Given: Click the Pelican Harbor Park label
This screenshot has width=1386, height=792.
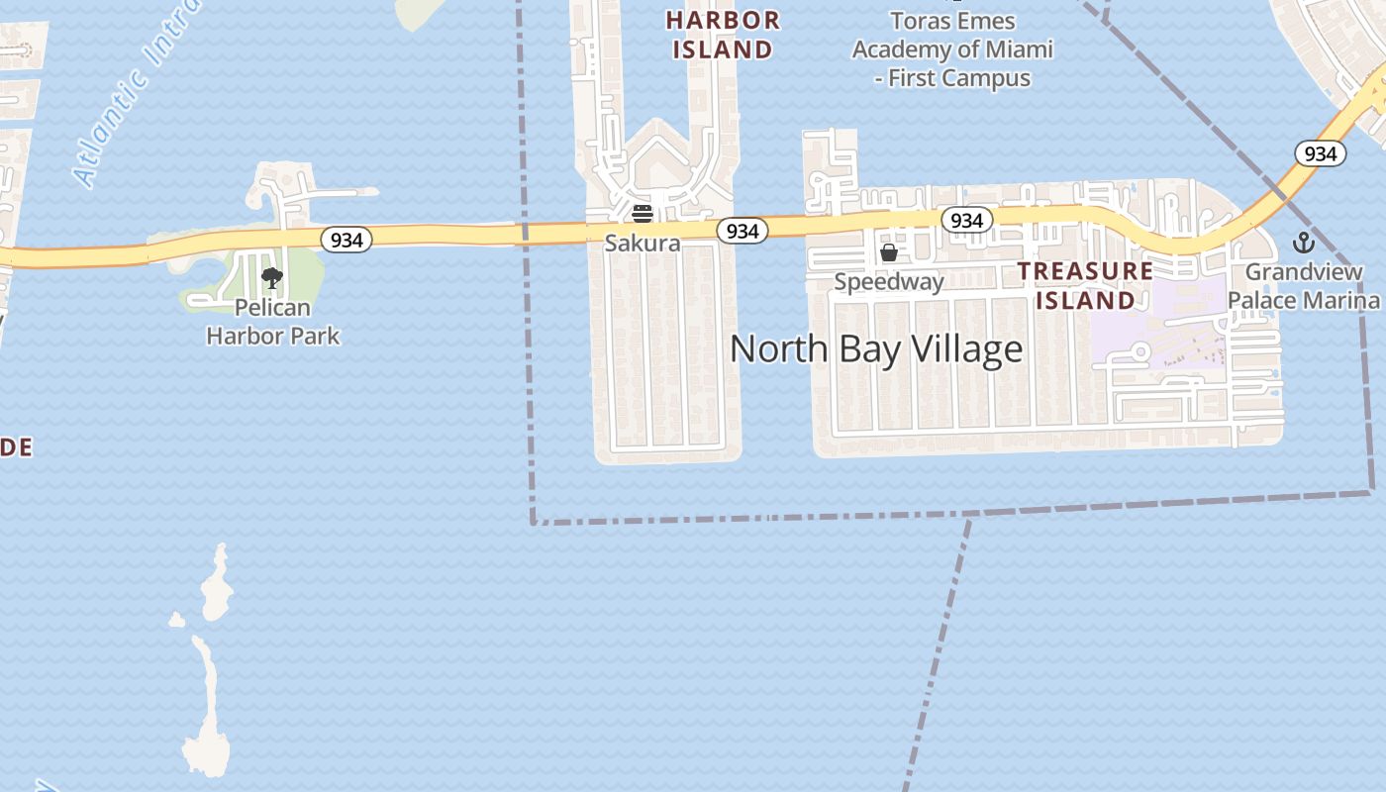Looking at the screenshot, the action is point(272,322).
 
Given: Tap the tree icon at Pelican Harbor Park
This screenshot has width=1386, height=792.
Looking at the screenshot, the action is point(272,277).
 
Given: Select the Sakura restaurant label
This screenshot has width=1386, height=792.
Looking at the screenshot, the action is point(643,244).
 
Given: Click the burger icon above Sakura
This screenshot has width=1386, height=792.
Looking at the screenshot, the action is point(643,213).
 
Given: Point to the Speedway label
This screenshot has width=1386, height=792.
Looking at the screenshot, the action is point(889,282).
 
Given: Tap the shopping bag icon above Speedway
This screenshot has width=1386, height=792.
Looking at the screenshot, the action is point(889,253).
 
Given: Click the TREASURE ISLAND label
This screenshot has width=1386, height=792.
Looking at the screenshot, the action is point(1086,285).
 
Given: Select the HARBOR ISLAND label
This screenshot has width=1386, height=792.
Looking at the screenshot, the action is point(723,35).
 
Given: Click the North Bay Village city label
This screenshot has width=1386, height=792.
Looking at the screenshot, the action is point(876,348).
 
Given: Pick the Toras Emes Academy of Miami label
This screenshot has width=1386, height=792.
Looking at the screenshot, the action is point(952,49).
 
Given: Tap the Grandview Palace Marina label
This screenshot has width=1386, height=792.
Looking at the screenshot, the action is point(1303,286).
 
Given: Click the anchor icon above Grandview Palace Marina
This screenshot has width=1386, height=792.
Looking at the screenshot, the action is point(1304,242).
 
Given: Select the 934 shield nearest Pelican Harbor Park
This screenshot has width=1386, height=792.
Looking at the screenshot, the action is point(346,240).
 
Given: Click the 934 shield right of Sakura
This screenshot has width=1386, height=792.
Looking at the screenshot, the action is point(742,231).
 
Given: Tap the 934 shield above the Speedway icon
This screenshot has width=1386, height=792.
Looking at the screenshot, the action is point(966,220).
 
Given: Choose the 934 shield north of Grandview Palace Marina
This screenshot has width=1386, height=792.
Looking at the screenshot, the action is point(1321,153).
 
